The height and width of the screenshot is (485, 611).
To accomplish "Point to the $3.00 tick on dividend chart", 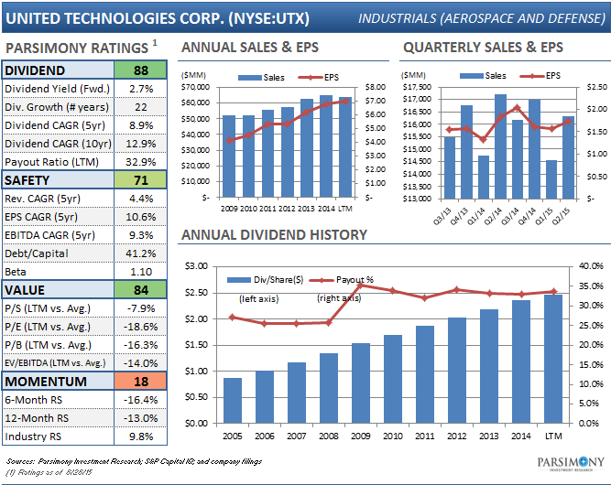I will pyautogui.click(x=197, y=266).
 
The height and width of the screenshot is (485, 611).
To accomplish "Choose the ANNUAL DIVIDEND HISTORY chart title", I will pyautogui.click(x=274, y=235).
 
